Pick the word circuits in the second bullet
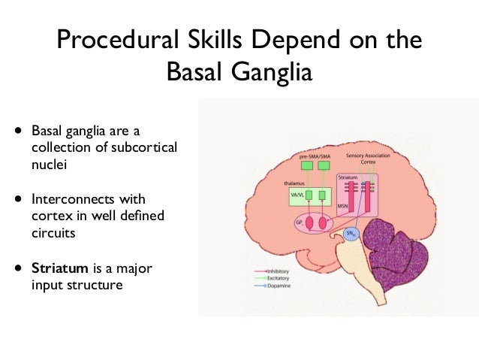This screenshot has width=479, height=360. (52, 233)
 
